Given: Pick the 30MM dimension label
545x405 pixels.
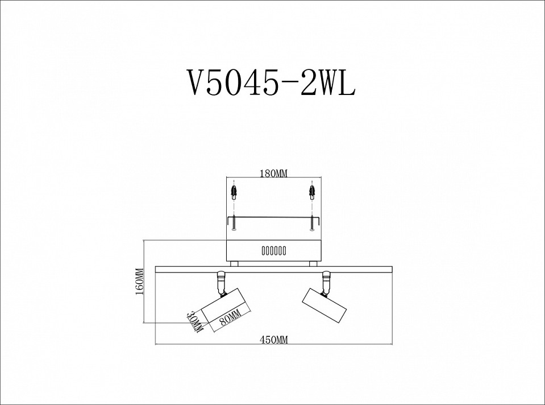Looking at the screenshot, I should (195, 322).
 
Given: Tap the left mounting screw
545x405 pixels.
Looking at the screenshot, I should (234, 224).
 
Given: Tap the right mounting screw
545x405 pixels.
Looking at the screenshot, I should (311, 224).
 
